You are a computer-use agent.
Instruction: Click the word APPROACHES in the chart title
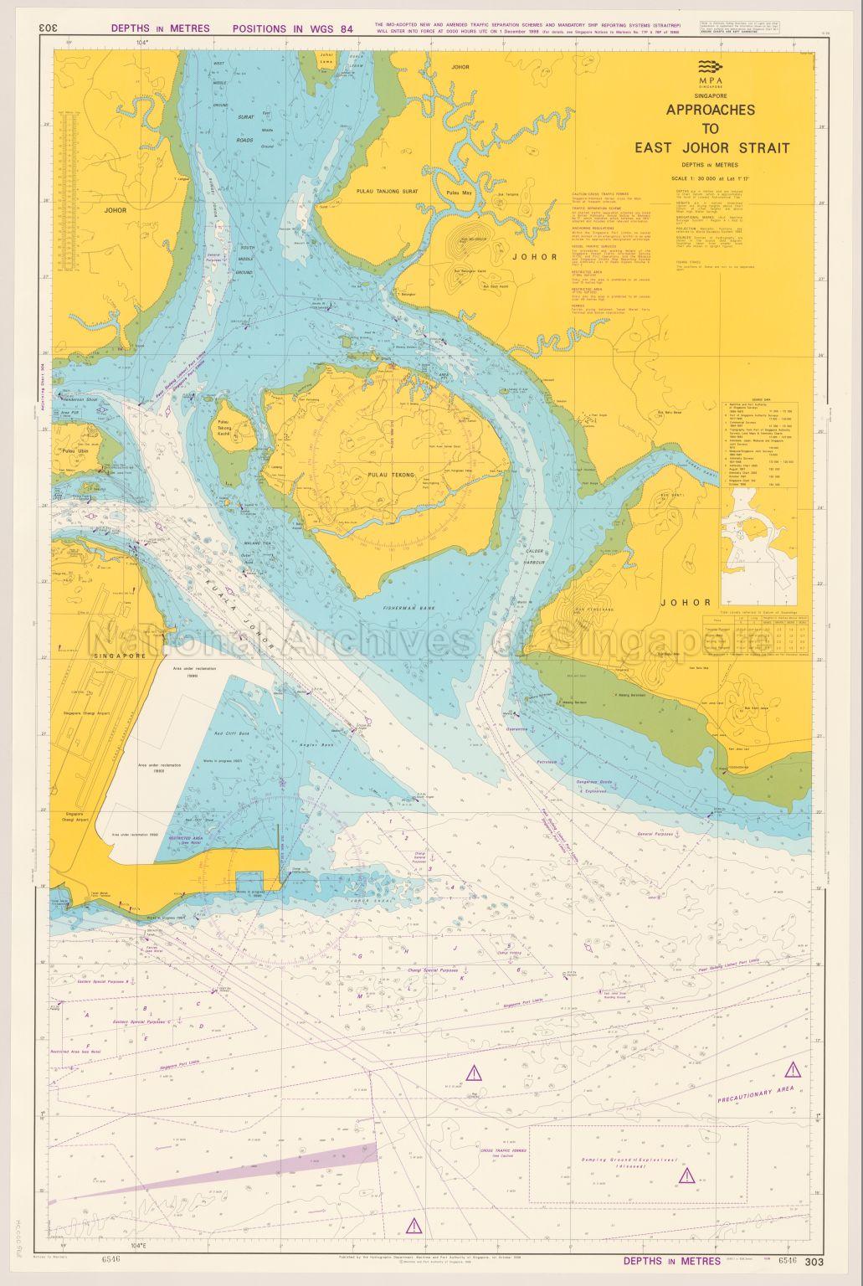pyautogui.click(x=710, y=110)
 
